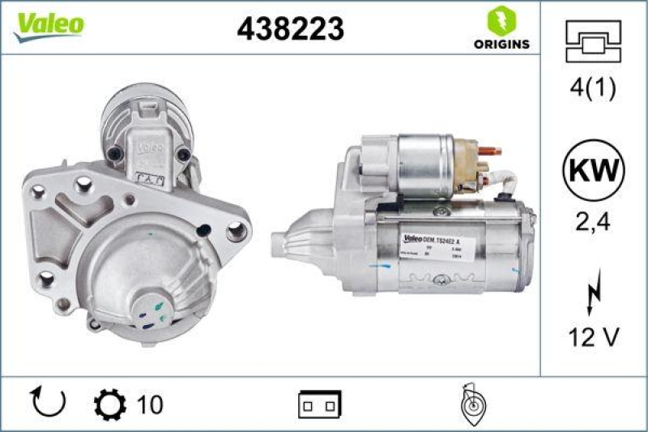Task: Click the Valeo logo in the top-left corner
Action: pos(48,24)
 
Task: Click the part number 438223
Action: pos(290,28)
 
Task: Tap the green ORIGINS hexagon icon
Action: pos(501,20)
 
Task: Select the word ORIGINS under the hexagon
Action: pos(501,44)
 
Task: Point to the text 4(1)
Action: pos(593,89)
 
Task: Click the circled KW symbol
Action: pos(593,171)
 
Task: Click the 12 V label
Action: pos(593,338)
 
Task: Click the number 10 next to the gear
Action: pos(151,404)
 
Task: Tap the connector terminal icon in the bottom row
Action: pos(320,403)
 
